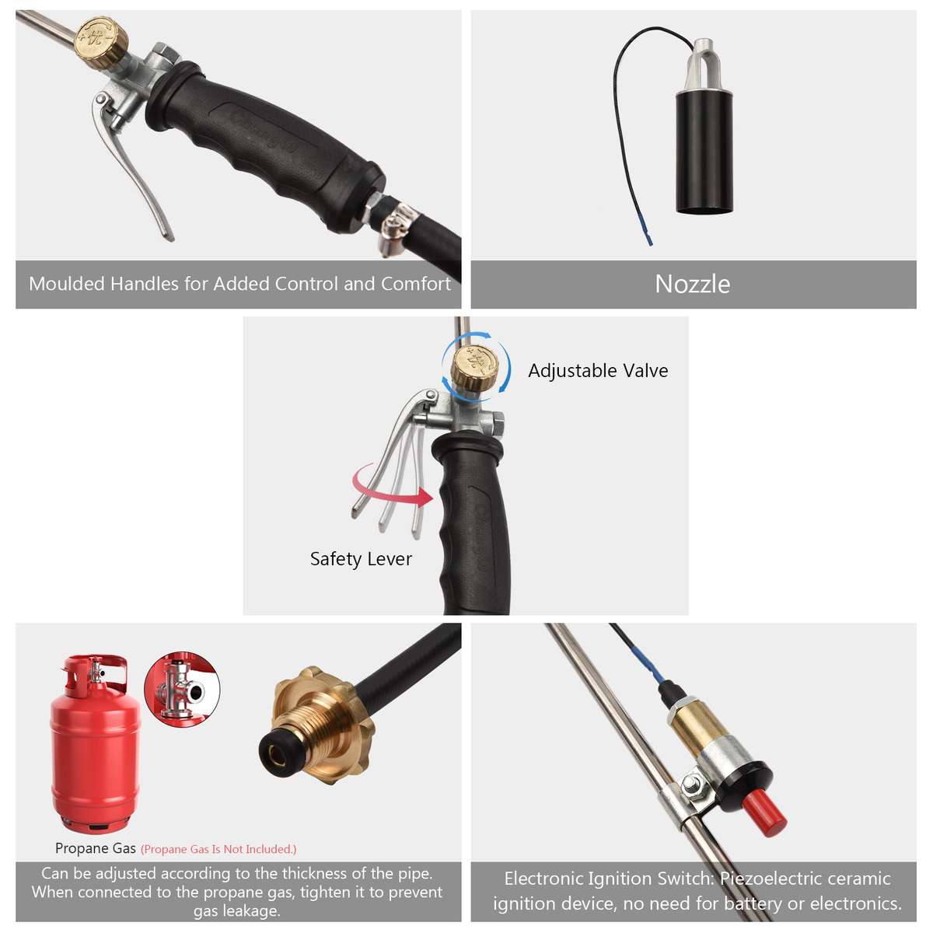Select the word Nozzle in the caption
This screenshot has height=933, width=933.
(692, 284)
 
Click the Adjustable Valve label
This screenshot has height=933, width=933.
(598, 371)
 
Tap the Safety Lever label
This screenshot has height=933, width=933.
(361, 559)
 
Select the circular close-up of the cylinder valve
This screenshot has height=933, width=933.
(182, 690)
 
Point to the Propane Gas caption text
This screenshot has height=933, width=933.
(95, 848)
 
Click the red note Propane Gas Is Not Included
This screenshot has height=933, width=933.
(218, 849)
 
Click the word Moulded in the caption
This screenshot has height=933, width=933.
(66, 284)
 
